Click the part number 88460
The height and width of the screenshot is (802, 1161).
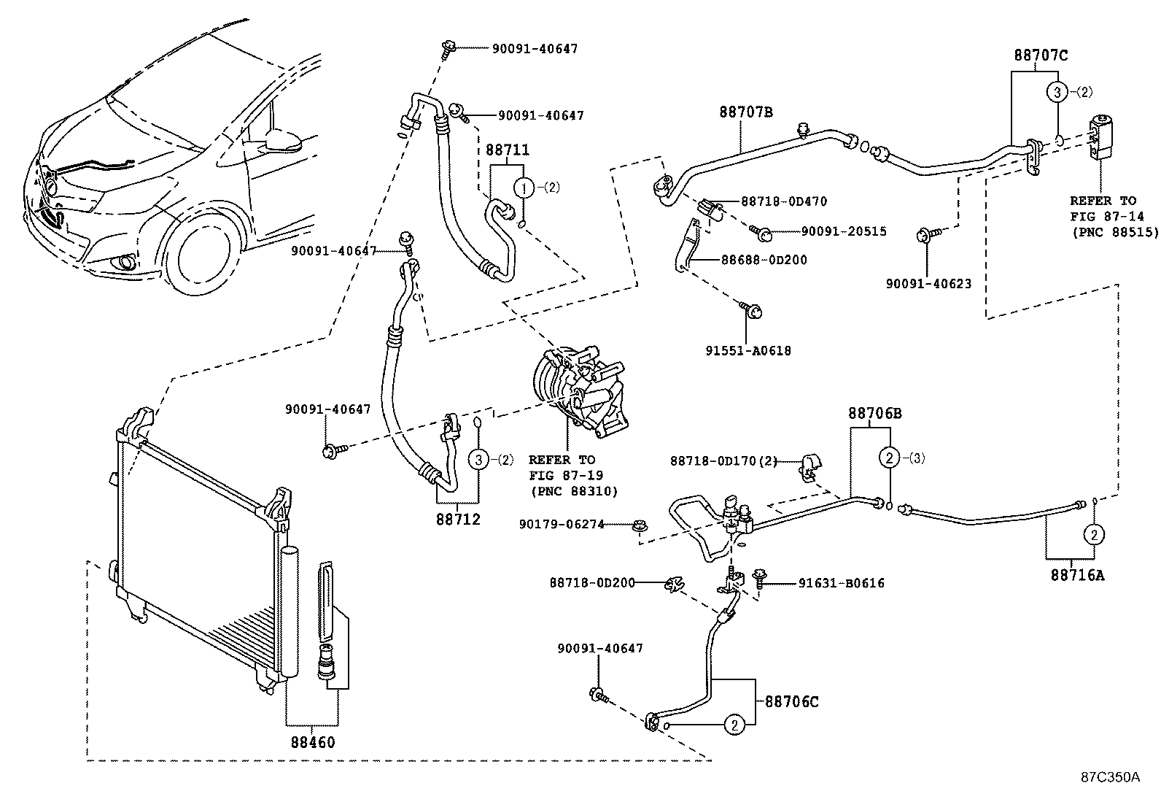point(312,743)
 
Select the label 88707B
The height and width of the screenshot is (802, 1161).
point(745,112)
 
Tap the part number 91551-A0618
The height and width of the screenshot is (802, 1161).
point(748,351)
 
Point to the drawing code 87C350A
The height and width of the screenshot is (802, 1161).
point(1109,776)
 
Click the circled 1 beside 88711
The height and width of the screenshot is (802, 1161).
point(523,188)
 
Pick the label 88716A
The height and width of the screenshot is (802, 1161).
point(1077,575)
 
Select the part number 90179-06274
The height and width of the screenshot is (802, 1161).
point(562,524)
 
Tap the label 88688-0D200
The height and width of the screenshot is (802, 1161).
point(764,259)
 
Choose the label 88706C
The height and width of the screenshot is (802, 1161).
point(791,702)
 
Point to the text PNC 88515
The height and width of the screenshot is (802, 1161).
point(1114,233)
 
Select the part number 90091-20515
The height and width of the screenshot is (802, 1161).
point(843,231)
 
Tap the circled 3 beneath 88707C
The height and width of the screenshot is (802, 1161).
point(1057,92)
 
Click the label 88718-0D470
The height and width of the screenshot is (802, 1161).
point(784,201)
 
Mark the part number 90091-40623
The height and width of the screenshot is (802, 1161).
point(928,284)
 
